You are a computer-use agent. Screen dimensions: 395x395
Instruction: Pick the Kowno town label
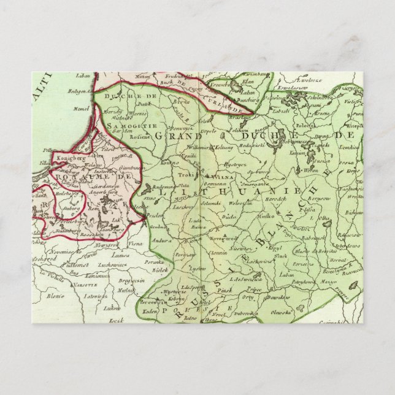click(163, 163)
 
